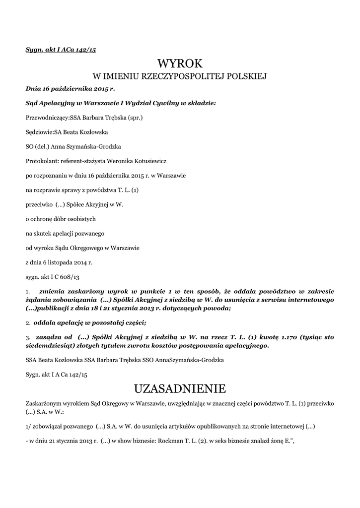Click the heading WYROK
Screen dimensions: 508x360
coord(180,64)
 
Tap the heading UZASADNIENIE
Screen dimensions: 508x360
coord(180,387)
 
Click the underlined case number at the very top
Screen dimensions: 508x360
coord(60,50)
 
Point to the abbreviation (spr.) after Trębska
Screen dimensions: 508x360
coord(136,119)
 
